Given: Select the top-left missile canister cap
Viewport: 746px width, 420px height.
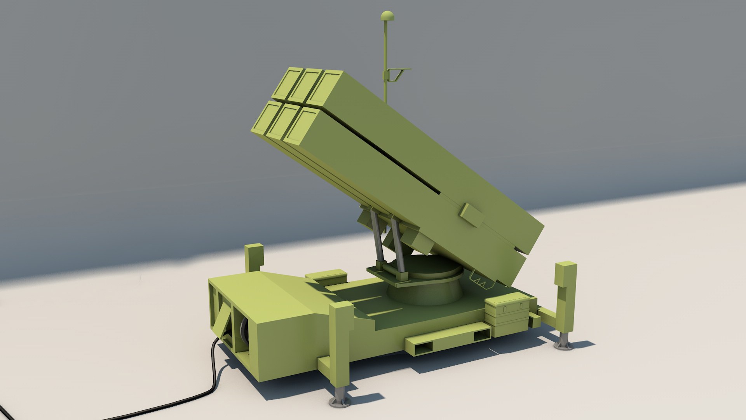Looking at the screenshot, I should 288,83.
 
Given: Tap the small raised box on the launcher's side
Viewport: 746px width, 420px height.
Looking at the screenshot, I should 472,215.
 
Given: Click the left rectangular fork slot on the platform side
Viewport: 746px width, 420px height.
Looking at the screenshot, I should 420,347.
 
